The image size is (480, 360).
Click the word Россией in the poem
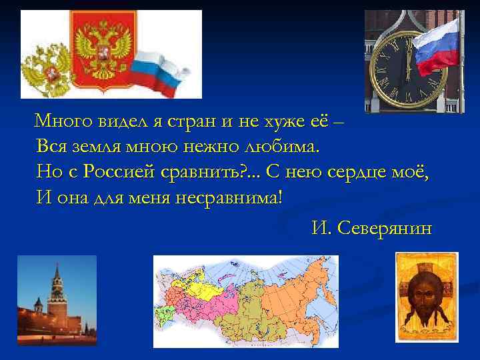click(x=120, y=171)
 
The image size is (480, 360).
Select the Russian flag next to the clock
click(x=437, y=43)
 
